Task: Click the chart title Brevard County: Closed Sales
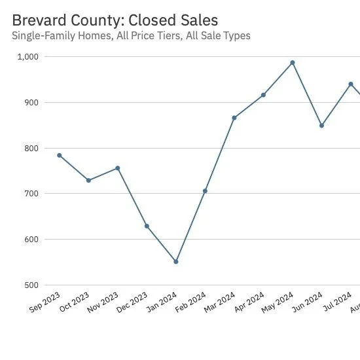coord(115,21)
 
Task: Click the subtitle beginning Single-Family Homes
coord(131,36)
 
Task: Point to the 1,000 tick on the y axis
coord(28,57)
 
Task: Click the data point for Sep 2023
coord(60,155)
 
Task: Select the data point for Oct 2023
coord(88,180)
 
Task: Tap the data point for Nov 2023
coord(118,168)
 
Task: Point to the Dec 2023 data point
coord(147,226)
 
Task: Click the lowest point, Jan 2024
coord(176,262)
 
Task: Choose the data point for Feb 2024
coord(205,190)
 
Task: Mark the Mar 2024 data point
coord(234,118)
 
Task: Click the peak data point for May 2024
coord(293,63)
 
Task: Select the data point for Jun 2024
coord(321,126)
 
